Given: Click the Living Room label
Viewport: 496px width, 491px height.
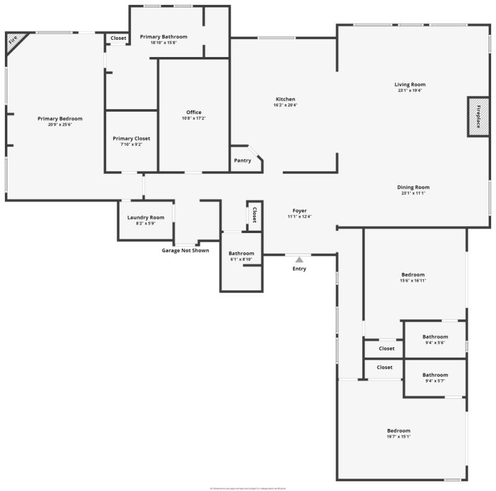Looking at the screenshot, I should pos(410,84).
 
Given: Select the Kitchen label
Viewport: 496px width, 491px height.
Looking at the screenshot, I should pos(285,99).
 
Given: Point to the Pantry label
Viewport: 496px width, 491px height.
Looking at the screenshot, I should pos(242,161).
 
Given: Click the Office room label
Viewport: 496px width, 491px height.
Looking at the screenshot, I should pos(193,112).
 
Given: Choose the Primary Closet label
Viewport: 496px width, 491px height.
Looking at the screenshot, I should pos(131,138).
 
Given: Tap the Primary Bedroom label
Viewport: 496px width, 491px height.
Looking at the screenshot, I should pos(60,118).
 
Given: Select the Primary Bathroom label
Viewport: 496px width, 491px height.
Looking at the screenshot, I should pos(163,37).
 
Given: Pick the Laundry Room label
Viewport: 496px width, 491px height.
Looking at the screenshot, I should pos(146,218).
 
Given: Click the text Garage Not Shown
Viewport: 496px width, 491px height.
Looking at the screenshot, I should pos(185,250).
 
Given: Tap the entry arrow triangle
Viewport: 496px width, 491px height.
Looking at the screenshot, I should pos(299,260).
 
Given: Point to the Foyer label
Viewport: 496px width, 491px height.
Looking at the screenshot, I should pos(299,211).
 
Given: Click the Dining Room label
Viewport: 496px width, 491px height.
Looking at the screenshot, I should pos(413,187).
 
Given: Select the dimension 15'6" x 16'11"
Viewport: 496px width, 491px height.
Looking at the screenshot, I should pos(413,280).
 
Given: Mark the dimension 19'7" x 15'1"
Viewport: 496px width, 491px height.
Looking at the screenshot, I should pos(399,436).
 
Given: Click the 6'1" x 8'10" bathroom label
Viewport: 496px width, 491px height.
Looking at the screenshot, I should pos(241,259).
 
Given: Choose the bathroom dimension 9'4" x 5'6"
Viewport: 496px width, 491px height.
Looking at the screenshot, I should pos(435,342).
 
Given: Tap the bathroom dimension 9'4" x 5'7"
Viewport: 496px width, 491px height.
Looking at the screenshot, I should pos(435,381).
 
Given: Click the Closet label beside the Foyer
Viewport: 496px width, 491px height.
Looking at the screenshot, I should pos(254,215).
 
